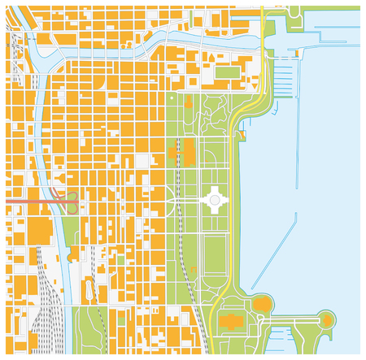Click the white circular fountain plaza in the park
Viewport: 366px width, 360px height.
click(215, 197)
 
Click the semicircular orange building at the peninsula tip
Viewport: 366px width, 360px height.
click(327, 320)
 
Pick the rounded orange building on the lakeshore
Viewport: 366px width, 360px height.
click(262, 305)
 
